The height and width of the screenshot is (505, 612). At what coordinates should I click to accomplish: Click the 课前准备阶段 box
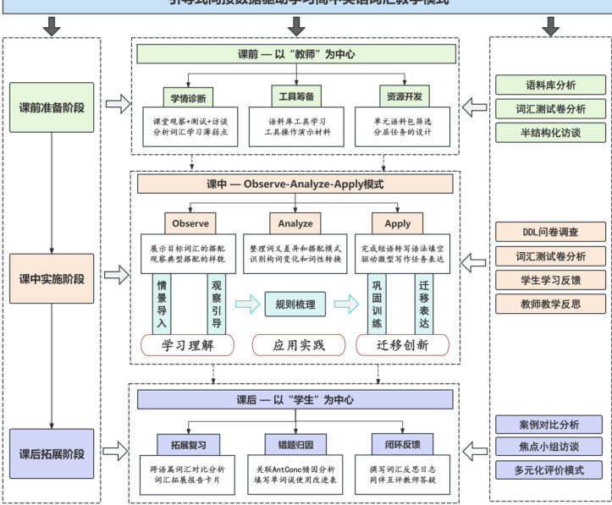[52, 107]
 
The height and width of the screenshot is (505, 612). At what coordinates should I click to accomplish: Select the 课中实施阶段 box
[52, 278]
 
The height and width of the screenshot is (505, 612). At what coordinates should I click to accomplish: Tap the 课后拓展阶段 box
[52, 453]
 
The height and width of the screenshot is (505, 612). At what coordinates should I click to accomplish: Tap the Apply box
[398, 223]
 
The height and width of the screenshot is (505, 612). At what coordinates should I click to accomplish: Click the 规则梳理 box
[295, 304]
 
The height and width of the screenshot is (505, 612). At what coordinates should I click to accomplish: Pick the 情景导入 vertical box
[162, 304]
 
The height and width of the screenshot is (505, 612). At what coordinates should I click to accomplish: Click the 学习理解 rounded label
[186, 345]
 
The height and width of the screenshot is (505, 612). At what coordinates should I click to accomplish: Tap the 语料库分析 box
[551, 85]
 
